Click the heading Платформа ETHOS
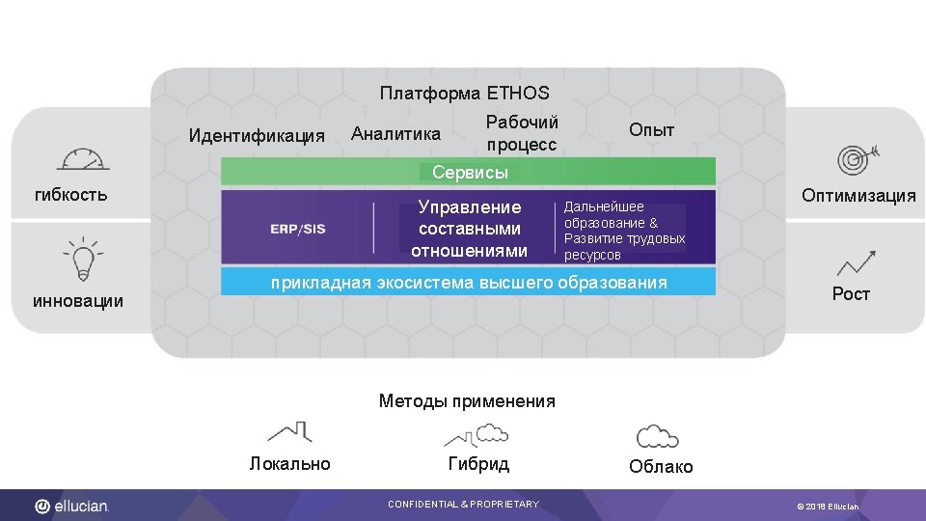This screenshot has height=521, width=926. pyautogui.click(x=464, y=94)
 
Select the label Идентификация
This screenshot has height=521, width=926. pyautogui.click(x=257, y=135)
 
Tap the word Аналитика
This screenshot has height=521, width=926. pyautogui.click(x=395, y=133)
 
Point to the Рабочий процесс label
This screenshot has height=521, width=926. pyautogui.click(x=522, y=133)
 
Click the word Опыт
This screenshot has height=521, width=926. pyautogui.click(x=651, y=130)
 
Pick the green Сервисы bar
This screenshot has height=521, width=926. pyautogui.click(x=469, y=173)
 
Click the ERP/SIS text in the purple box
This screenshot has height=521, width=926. pyautogui.click(x=298, y=229)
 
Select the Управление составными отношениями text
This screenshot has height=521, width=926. pyautogui.click(x=469, y=230)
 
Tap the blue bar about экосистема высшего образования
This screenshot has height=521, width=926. pyautogui.click(x=469, y=283)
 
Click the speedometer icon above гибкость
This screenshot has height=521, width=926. pyautogui.click(x=83, y=160)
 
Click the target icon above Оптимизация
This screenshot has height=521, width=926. pyautogui.click(x=854, y=157)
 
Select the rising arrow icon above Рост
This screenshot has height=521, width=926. pyautogui.click(x=856, y=262)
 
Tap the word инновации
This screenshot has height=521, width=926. pyautogui.click(x=78, y=301)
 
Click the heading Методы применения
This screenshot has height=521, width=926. pyautogui.click(x=467, y=401)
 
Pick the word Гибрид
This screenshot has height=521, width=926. pyautogui.click(x=478, y=464)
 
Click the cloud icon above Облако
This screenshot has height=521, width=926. pyautogui.click(x=658, y=436)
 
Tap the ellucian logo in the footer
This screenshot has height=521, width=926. pyautogui.click(x=73, y=506)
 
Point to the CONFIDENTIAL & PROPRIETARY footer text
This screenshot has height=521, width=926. pyautogui.click(x=463, y=505)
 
